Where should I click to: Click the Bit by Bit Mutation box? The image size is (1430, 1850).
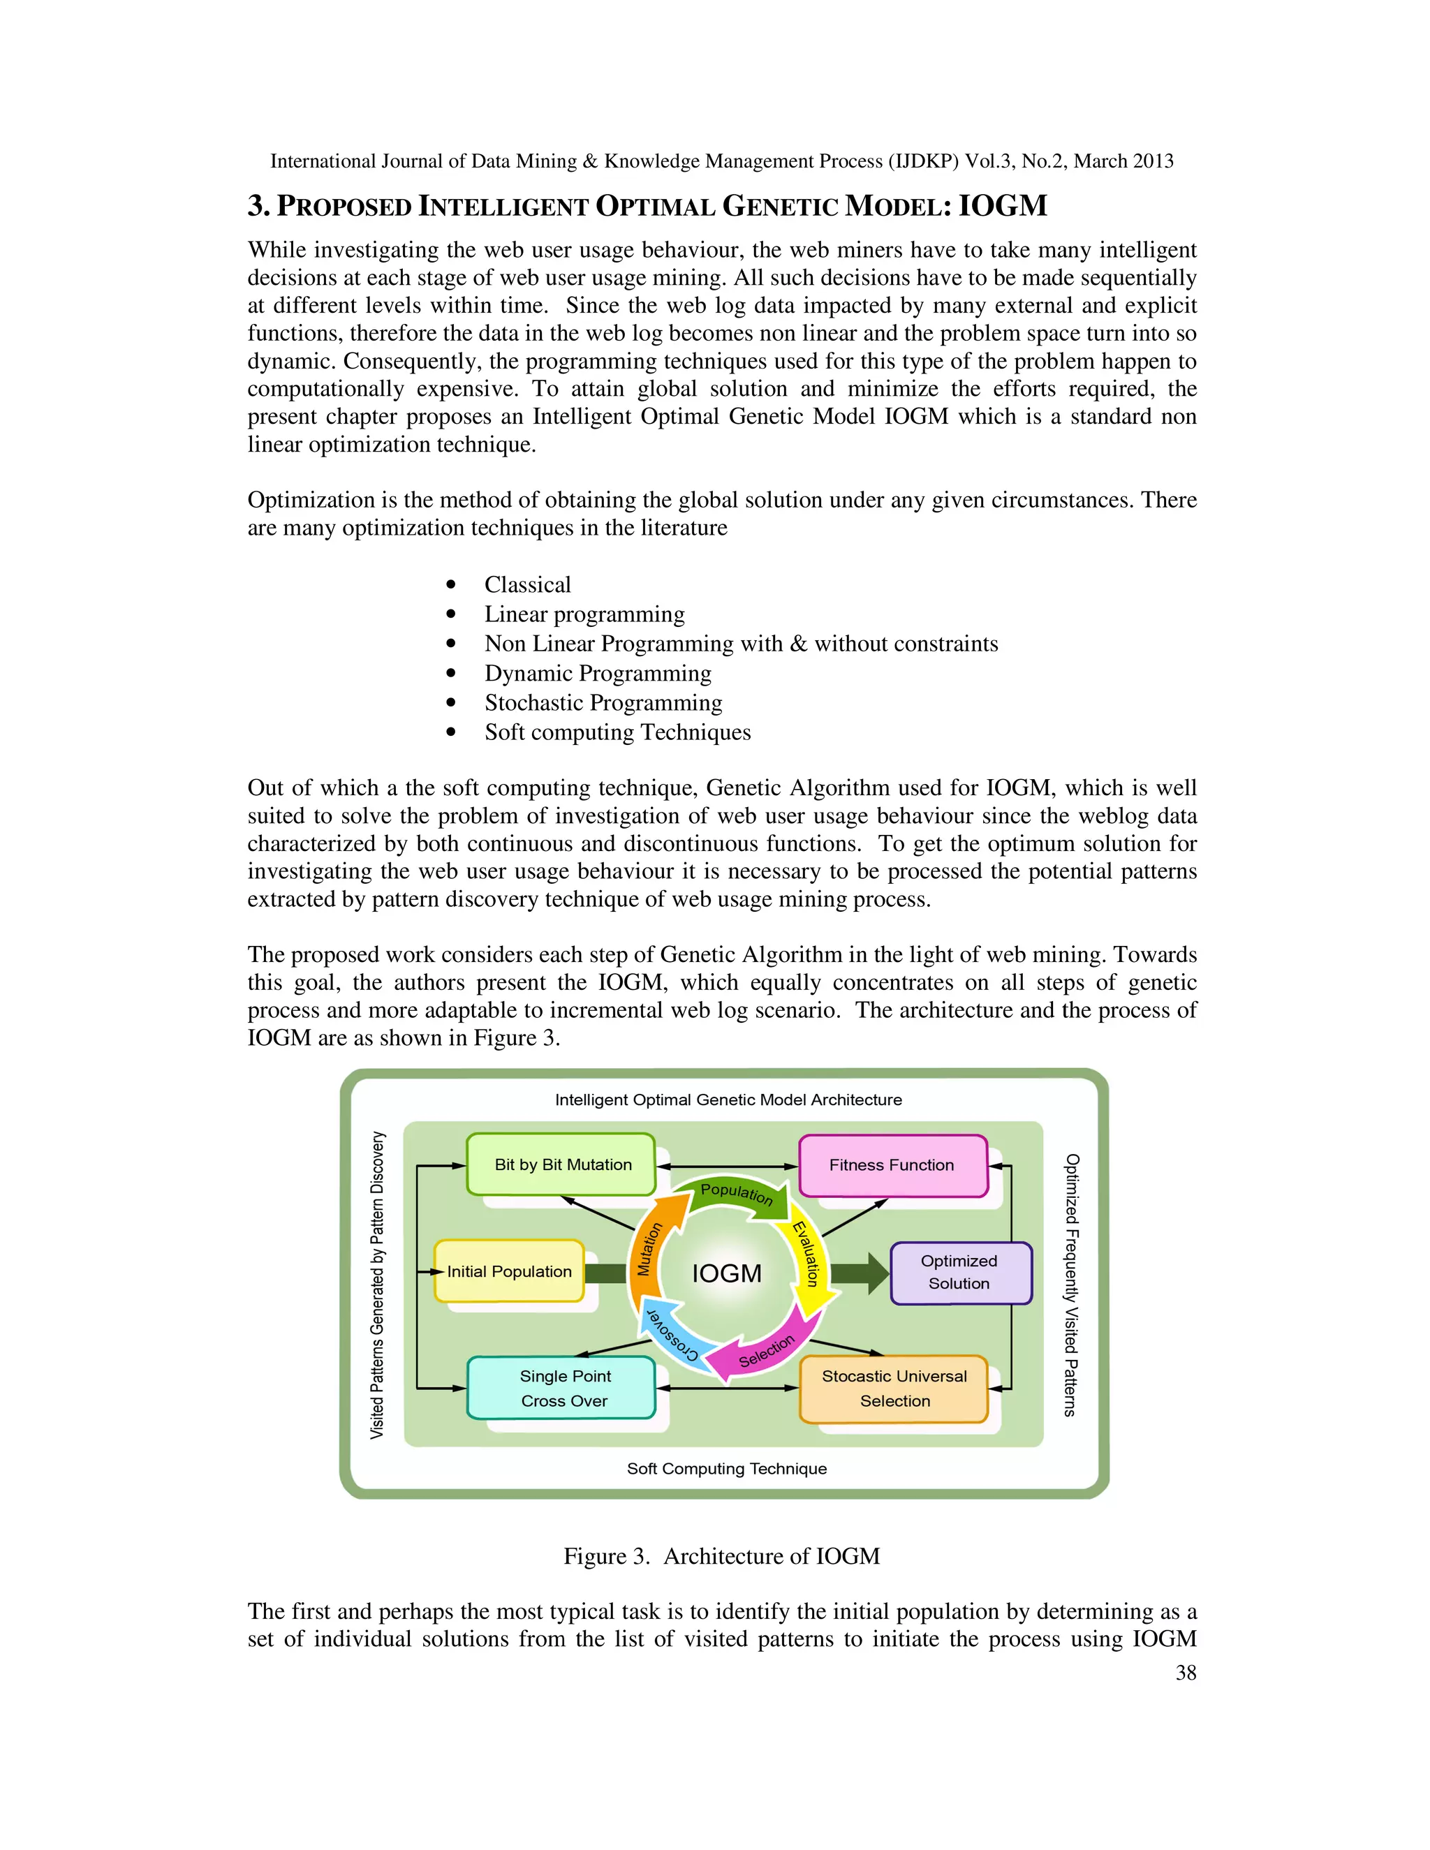click(x=561, y=1164)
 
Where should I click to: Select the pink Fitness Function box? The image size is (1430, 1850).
click(x=892, y=1164)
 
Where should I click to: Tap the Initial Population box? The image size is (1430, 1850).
click(x=509, y=1271)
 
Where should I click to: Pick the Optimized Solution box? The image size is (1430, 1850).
click(x=960, y=1271)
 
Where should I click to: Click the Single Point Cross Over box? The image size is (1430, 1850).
click(x=563, y=1388)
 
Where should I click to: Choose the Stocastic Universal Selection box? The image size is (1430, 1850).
click(x=894, y=1388)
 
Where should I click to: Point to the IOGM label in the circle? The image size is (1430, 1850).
click(x=727, y=1273)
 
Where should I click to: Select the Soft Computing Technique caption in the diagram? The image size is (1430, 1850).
click(x=727, y=1468)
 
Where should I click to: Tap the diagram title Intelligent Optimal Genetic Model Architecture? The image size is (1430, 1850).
click(x=728, y=1100)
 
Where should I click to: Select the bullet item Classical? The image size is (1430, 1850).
click(x=527, y=584)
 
